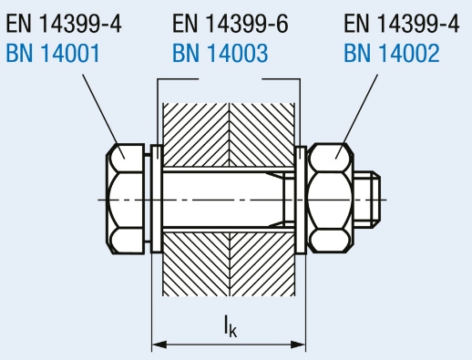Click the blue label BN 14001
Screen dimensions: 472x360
[x=53, y=53]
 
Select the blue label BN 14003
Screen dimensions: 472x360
[x=221, y=53]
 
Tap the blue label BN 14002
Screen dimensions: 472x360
[x=392, y=53]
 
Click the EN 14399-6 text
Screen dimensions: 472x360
[x=231, y=24]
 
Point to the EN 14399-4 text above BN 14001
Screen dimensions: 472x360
[x=64, y=24]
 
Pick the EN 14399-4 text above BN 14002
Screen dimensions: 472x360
[x=402, y=24]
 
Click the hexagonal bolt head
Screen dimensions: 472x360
[x=125, y=199]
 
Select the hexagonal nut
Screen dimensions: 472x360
[x=331, y=198]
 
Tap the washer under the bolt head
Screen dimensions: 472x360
[x=157, y=200]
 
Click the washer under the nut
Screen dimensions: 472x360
[x=301, y=200]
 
